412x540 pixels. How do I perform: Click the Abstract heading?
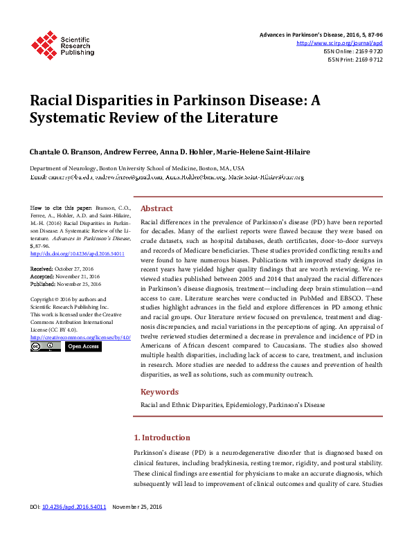coord(157,208)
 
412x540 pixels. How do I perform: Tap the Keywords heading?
coord(160,392)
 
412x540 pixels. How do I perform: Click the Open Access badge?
coord(82,346)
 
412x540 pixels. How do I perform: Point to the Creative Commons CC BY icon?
coord(46,346)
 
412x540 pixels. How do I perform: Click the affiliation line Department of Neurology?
coord(136,168)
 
